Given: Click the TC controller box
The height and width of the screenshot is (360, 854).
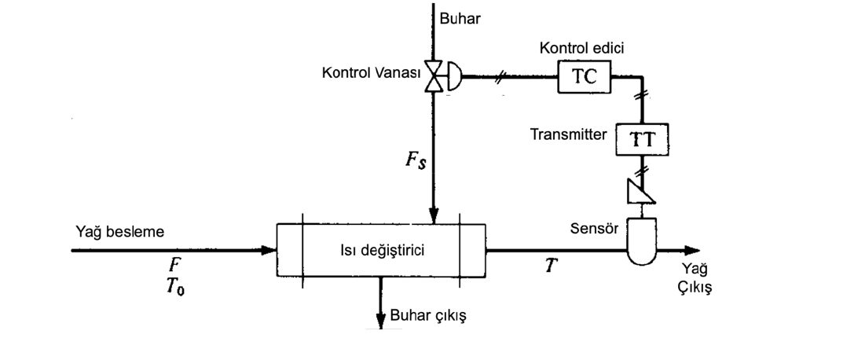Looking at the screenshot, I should coord(585,78).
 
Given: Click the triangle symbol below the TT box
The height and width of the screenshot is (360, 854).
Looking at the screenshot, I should coord(641,189).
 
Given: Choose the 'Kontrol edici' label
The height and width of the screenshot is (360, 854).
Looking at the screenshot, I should coord(581,49).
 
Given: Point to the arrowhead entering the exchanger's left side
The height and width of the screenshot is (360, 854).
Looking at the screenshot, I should coord(270,251).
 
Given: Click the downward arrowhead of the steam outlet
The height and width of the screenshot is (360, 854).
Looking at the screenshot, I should coord(381,318).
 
